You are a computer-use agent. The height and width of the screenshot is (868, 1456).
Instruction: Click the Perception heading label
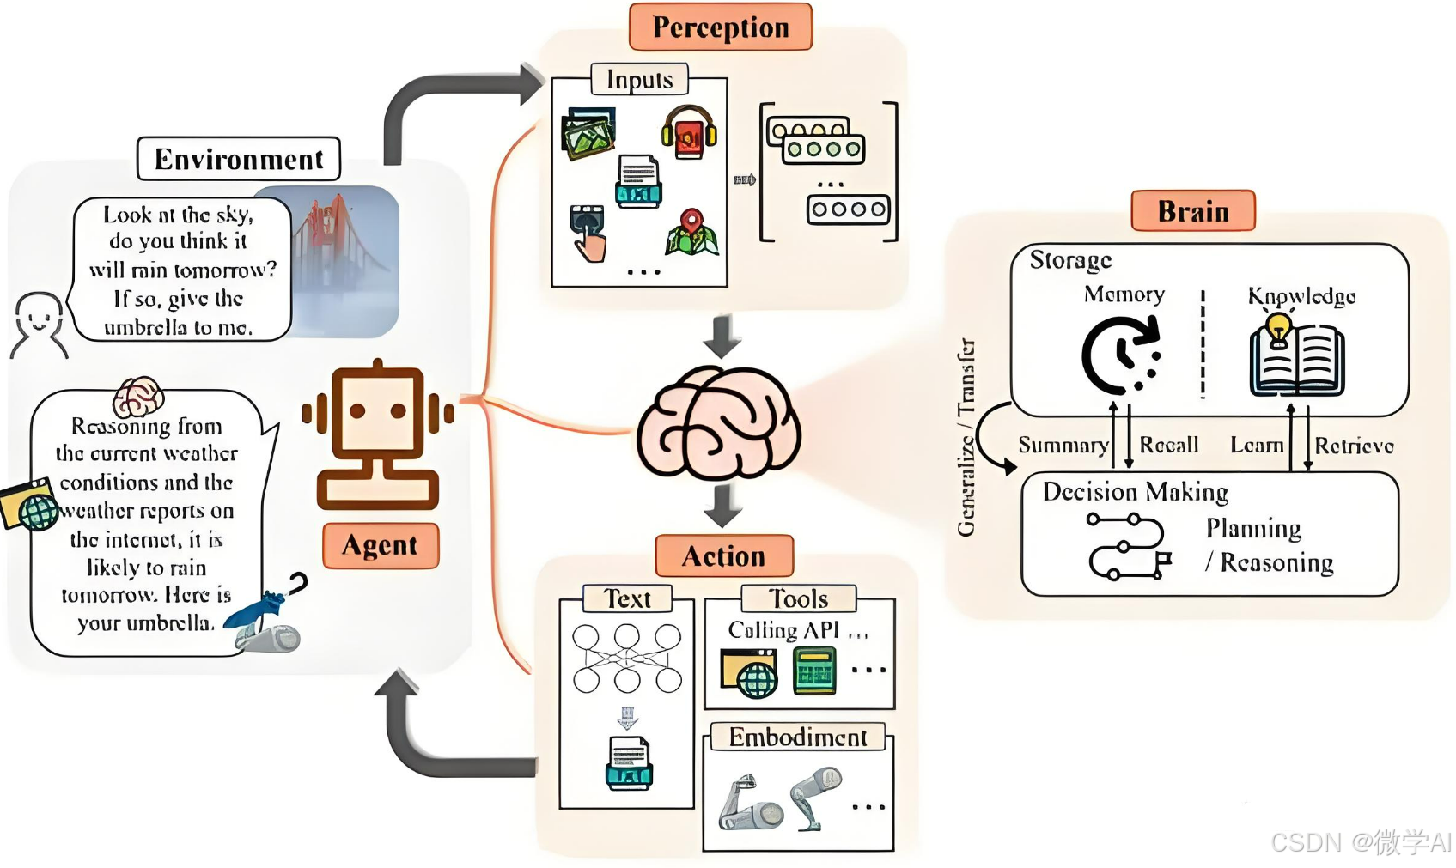(720, 27)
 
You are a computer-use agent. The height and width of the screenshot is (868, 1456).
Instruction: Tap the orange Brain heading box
(1192, 211)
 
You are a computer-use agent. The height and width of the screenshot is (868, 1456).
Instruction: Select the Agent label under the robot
(380, 545)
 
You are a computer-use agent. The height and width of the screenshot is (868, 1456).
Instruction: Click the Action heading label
(723, 556)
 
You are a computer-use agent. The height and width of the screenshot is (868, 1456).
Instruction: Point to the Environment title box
(239, 159)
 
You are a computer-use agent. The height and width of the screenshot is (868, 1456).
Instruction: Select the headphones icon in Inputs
(689, 132)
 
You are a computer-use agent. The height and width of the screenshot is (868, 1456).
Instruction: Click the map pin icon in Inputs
(691, 233)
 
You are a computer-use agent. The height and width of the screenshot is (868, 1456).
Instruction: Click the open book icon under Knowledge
(1296, 361)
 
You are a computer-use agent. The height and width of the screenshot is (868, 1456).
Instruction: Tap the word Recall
(1168, 445)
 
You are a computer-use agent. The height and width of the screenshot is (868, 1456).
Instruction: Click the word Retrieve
(1354, 446)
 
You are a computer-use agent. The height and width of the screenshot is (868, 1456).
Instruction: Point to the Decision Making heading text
(1135, 492)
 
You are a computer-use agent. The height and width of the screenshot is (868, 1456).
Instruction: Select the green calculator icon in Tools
(813, 671)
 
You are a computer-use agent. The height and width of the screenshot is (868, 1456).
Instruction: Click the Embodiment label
(797, 737)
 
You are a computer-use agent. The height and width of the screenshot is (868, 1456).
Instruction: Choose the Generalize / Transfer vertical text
(966, 438)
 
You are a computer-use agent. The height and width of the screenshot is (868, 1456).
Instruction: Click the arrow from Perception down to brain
(722, 336)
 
